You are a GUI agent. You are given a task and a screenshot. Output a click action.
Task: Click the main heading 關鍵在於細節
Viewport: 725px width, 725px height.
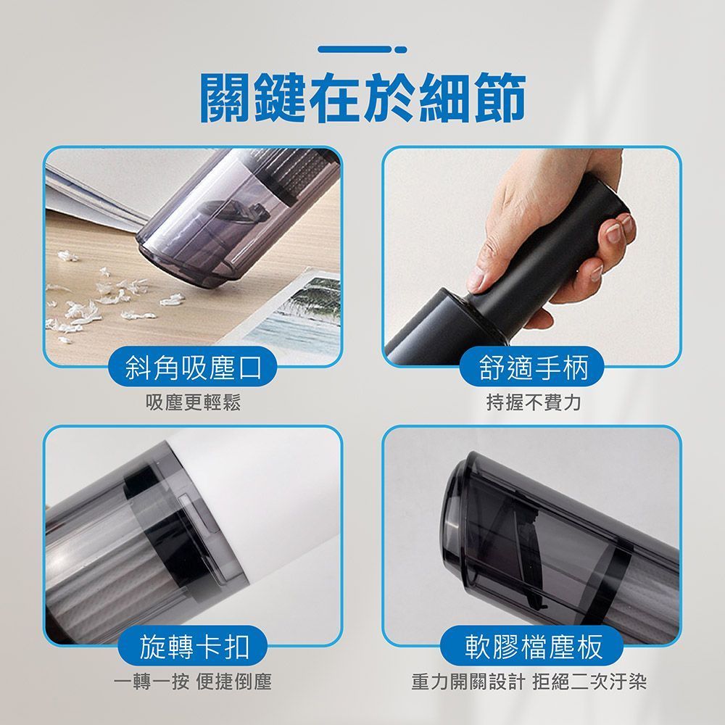[362, 98]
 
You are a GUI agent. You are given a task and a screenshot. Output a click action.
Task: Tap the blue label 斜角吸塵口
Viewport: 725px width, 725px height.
[193, 368]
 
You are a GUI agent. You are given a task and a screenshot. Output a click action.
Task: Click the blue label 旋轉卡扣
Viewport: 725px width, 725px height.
[193, 646]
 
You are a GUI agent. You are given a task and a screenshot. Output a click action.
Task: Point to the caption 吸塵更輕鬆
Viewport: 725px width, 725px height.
[194, 402]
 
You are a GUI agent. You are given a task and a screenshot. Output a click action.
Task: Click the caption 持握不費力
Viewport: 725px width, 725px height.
[533, 402]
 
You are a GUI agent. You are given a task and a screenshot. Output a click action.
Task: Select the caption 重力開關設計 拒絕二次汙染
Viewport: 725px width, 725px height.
[529, 681]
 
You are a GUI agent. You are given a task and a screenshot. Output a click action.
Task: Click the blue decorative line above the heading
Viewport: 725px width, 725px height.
[362, 49]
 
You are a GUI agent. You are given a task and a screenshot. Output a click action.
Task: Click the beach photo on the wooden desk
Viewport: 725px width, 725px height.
[296, 315]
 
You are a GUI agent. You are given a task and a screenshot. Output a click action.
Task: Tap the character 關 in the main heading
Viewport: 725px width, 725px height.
[226, 98]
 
